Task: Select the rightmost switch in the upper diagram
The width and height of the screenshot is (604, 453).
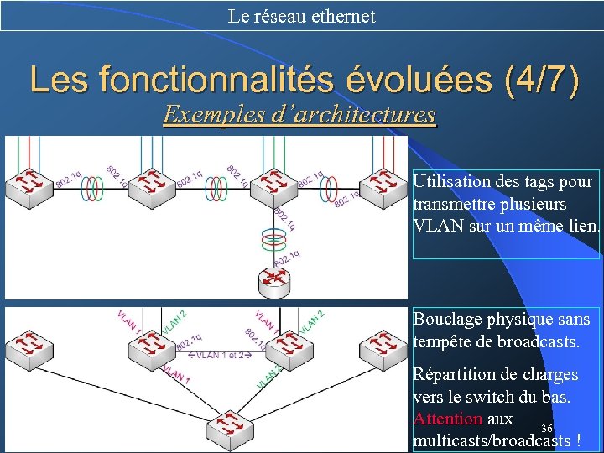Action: click(x=383, y=185)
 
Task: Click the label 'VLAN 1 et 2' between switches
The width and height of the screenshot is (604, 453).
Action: click(x=216, y=356)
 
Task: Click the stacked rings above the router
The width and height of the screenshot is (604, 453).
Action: click(x=275, y=242)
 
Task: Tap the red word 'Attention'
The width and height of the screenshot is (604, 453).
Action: click(x=447, y=419)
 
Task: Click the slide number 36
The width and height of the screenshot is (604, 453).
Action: click(x=547, y=429)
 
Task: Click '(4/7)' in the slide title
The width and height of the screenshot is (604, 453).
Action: click(x=540, y=81)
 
